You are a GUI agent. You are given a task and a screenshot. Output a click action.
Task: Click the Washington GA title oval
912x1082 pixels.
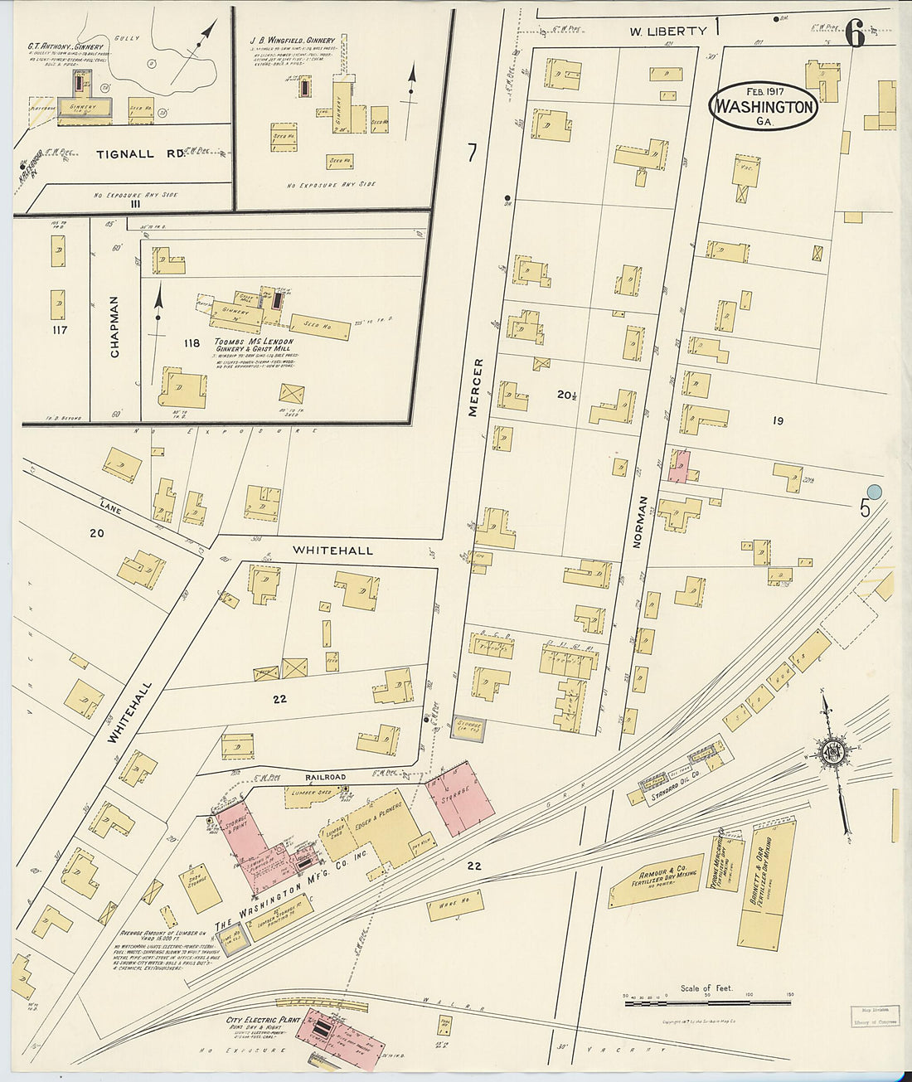pos(763,106)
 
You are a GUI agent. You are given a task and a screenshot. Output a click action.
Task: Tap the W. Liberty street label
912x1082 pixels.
pos(667,32)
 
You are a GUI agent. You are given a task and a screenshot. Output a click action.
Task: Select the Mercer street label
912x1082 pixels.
pos(476,386)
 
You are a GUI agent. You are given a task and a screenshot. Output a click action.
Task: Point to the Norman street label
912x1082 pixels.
pos(638,523)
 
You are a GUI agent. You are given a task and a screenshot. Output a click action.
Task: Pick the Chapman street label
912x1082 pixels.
pos(114,327)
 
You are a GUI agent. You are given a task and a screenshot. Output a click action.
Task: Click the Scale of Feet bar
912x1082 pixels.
pos(706,1002)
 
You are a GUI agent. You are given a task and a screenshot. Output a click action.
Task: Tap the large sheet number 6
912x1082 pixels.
pos(855,34)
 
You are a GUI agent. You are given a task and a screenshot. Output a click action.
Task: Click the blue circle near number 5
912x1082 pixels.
pos(873,492)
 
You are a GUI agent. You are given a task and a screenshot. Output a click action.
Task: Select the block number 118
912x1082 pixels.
pos(192,343)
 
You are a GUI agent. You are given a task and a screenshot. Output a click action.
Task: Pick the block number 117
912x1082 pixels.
pos(58,330)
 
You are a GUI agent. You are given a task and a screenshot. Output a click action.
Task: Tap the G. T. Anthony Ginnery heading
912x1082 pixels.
pos(65,46)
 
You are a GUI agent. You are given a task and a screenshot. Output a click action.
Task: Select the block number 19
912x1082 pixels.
pos(777,421)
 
